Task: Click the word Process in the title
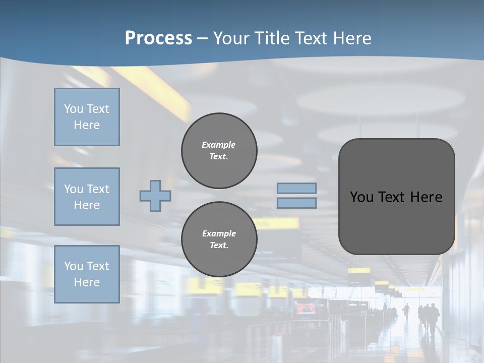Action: coord(158,38)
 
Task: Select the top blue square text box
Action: coord(87,117)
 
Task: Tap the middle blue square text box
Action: coord(87,197)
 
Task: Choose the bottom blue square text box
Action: coord(87,274)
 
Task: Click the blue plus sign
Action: coord(155,196)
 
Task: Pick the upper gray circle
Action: coord(219,150)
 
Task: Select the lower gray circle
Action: coord(219,239)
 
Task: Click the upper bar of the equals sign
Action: coord(296,188)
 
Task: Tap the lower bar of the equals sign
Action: coord(296,203)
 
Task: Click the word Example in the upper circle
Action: coord(219,145)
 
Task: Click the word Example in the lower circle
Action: coord(219,233)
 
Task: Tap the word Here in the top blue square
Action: coord(87,125)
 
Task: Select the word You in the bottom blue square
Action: coord(74,266)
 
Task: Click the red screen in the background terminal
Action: coord(306,308)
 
